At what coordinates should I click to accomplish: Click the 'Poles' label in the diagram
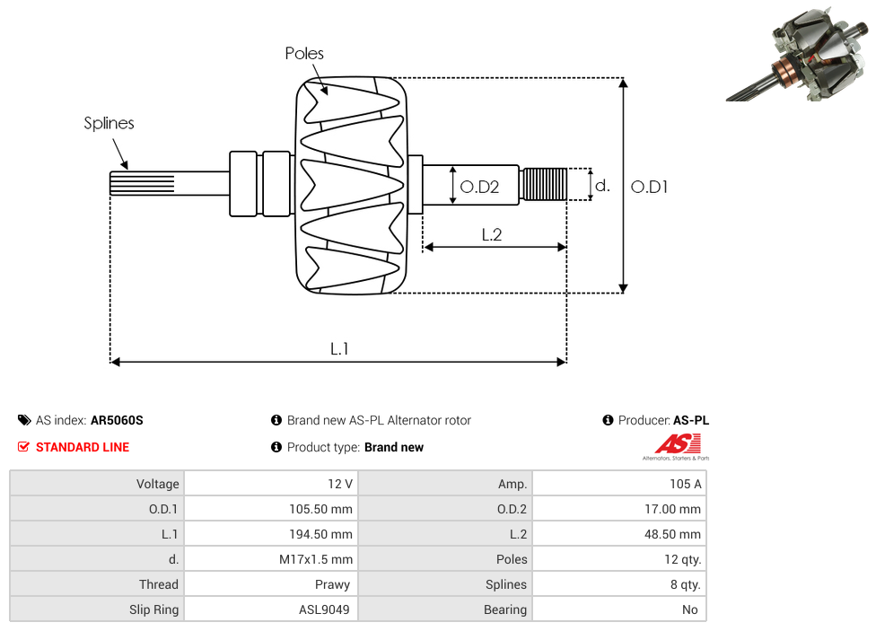pos(304,54)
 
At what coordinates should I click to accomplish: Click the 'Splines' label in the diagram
pos(109,123)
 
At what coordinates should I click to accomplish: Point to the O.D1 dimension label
pos(649,187)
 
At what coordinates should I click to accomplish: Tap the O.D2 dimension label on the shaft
pos(478,187)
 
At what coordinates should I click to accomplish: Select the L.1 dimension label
pos(338,349)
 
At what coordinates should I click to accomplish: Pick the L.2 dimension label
pos(491,234)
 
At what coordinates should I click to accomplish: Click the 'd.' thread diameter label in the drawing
pos(602,186)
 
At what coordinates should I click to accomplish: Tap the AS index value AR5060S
pos(117,420)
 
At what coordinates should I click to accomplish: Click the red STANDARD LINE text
pos(82,447)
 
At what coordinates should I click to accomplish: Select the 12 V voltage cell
pos(340,484)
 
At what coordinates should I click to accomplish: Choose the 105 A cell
pos(685,484)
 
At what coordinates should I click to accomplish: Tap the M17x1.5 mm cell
pos(316,559)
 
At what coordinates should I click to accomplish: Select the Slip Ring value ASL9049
pos(324,609)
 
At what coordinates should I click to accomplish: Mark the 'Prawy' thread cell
pos(333,584)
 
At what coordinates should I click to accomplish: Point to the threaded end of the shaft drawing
pos(544,185)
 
